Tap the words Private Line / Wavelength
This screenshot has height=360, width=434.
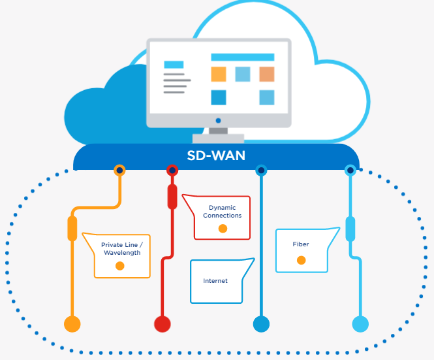coord(121,249)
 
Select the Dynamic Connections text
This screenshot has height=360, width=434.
coord(222,211)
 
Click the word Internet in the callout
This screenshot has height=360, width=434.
coord(215,281)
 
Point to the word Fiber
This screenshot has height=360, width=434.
coord(301,244)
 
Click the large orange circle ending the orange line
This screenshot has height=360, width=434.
coord(72,323)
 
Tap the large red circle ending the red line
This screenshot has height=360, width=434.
coord(162,323)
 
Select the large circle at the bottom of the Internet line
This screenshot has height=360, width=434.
coord(261,323)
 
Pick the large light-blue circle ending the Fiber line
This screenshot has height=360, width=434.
coord(360,323)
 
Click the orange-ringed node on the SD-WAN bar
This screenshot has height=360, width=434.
coord(119,171)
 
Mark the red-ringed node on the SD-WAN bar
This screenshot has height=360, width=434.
coord(172,171)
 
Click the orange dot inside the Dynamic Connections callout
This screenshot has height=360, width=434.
coord(223,229)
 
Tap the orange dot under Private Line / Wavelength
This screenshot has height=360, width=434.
coord(119,266)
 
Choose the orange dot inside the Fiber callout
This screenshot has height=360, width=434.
coord(301,260)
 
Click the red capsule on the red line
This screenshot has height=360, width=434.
coord(172,197)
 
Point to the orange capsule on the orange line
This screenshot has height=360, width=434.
coord(72,229)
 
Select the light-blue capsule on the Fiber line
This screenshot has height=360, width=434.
coord(350,229)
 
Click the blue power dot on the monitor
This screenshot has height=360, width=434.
coord(218,121)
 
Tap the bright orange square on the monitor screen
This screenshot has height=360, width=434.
coord(219,74)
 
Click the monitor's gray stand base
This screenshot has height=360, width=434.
coord(218,138)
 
